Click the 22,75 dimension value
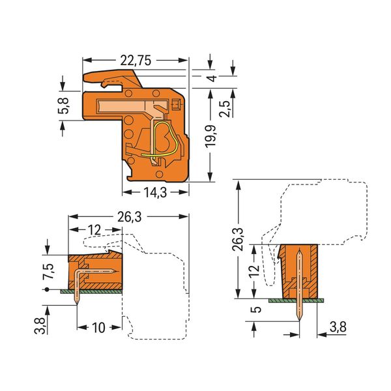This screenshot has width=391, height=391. tap(136, 61)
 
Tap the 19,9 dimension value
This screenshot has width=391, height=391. tap(211, 136)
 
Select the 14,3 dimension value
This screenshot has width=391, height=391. tap(155, 192)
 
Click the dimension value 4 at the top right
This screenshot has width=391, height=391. tap(212, 78)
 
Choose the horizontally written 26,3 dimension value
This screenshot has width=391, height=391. tap(130, 217)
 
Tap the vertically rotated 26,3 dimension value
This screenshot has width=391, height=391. tap(237, 239)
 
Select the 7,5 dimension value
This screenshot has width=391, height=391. tap(48, 271)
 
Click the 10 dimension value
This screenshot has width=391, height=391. tap(99, 327)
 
